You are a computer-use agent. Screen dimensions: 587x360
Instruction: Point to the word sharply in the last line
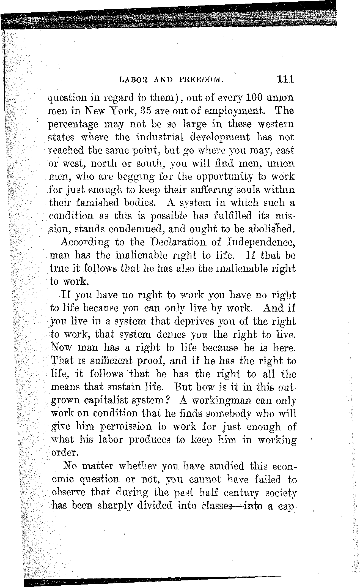(113, 506)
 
